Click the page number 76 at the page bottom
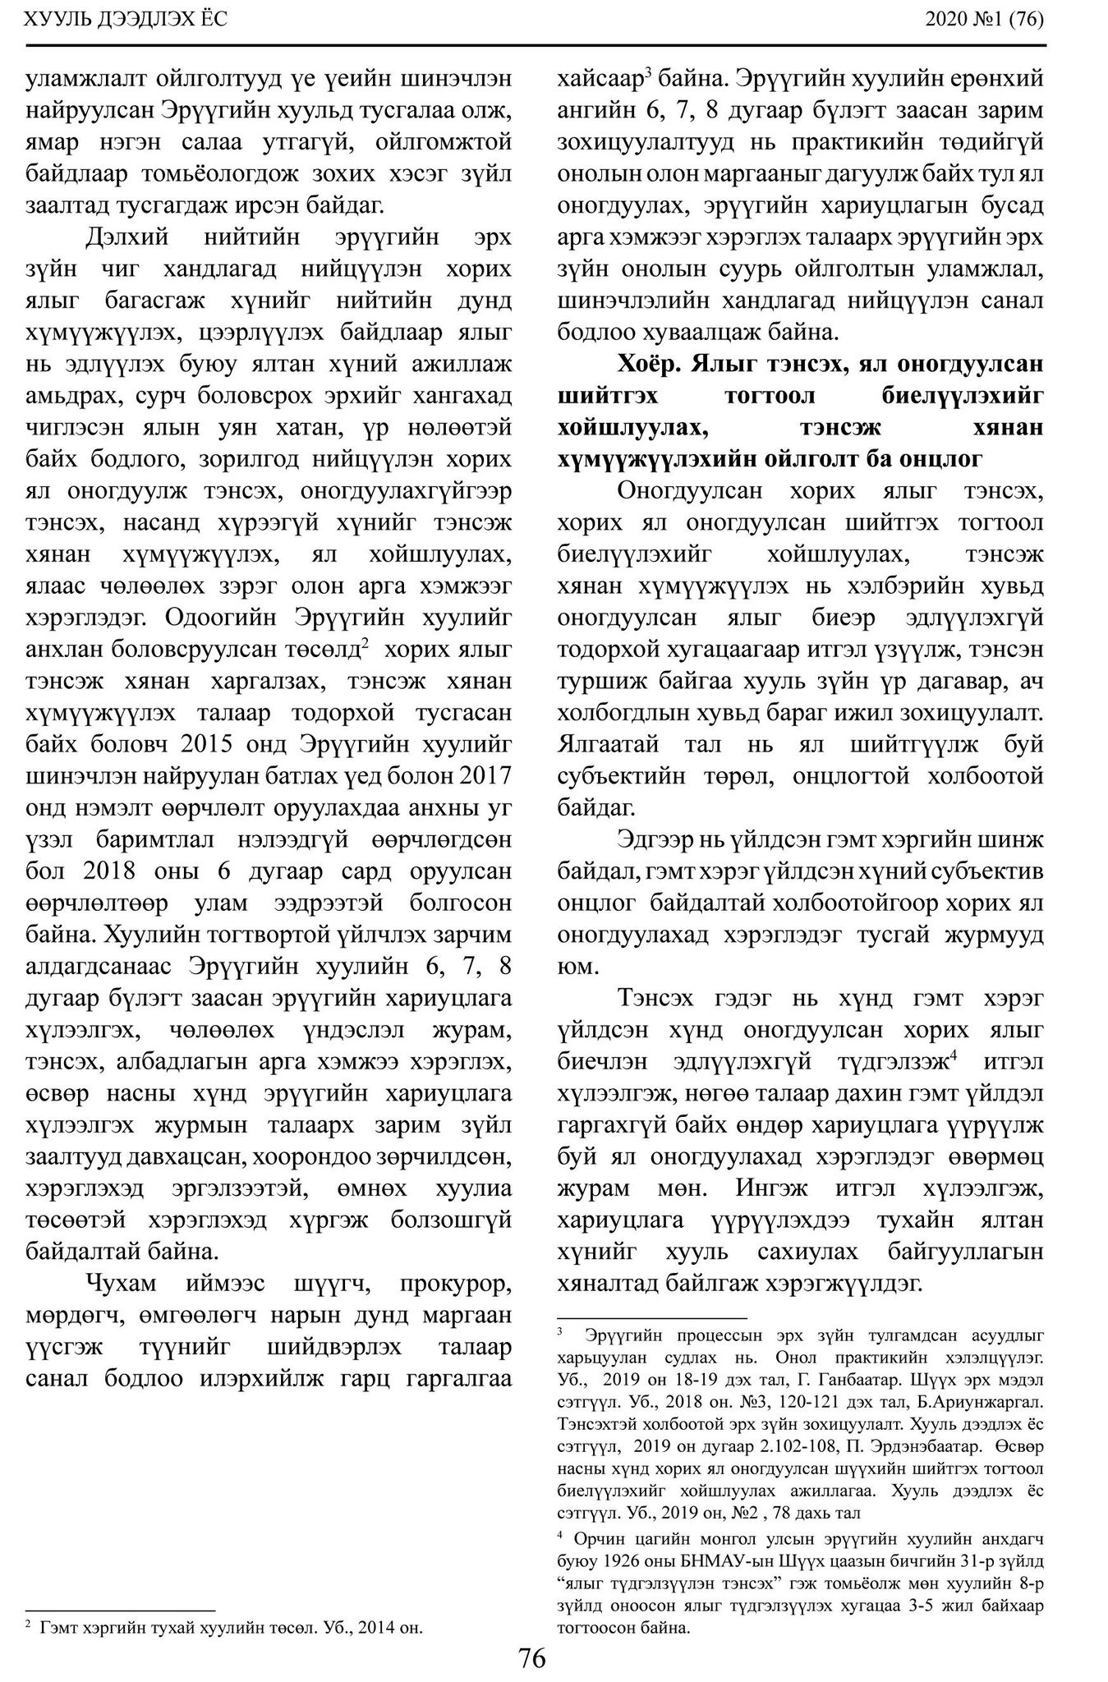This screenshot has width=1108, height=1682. pos(532,1658)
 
